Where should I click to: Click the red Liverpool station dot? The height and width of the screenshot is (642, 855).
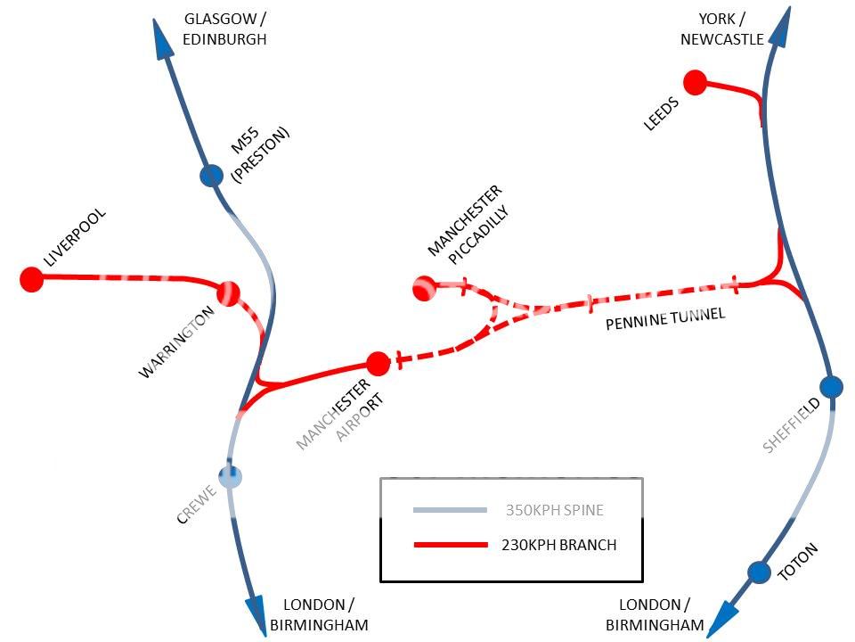32,279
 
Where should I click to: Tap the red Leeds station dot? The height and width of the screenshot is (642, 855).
695,83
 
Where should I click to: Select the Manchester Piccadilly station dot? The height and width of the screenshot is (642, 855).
424,288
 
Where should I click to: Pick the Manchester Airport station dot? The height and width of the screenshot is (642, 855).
378,364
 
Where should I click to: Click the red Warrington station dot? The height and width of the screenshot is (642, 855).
228,293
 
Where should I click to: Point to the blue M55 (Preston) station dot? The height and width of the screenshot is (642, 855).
211,175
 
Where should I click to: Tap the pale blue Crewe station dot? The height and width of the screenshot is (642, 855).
231,476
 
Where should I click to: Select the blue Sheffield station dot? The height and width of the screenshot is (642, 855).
831,387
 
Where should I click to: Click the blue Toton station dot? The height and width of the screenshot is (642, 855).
759,572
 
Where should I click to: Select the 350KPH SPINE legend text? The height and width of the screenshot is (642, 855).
554,511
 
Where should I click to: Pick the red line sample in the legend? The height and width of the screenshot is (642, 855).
450,545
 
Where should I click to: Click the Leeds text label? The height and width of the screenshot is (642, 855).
661,114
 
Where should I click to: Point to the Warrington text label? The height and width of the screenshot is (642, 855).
177,343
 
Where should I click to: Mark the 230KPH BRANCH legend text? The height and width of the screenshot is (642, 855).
558,545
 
